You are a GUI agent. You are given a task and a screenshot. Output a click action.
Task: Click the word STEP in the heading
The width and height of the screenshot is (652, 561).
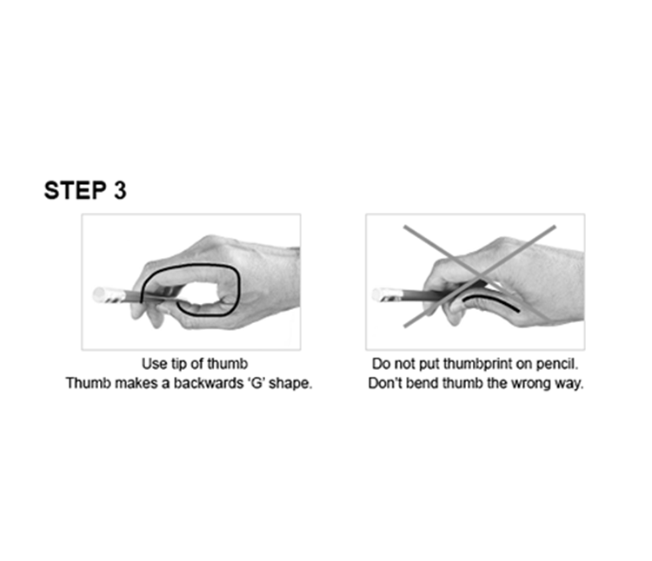(x=73, y=191)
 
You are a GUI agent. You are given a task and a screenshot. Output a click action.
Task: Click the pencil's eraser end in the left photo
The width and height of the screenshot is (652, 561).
(x=97, y=293)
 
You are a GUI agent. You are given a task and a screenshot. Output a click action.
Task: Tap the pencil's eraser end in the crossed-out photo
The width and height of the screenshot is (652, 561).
(x=379, y=294)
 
